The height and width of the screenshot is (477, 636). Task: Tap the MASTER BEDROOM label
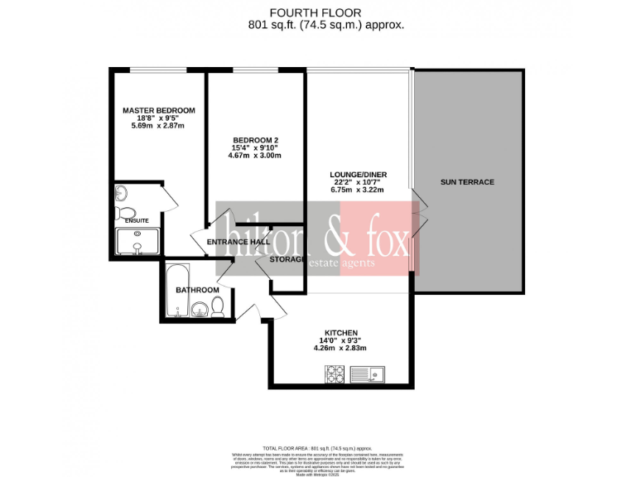click(158, 110)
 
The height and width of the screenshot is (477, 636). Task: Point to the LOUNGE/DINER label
click(358, 175)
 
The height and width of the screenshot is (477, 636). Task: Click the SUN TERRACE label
click(467, 181)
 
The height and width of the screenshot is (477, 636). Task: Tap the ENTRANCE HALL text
click(232, 242)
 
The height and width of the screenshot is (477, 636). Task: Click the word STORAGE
click(286, 259)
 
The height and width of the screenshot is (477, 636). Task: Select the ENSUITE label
click(137, 221)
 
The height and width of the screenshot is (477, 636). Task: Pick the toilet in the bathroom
click(218, 308)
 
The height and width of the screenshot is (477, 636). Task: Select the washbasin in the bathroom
click(199, 311)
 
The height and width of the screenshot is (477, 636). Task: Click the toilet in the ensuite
click(125, 211)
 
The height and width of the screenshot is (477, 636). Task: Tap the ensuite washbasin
click(122, 194)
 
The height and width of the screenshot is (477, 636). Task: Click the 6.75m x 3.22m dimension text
click(358, 190)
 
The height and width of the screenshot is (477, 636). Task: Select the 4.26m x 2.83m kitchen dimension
click(340, 348)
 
